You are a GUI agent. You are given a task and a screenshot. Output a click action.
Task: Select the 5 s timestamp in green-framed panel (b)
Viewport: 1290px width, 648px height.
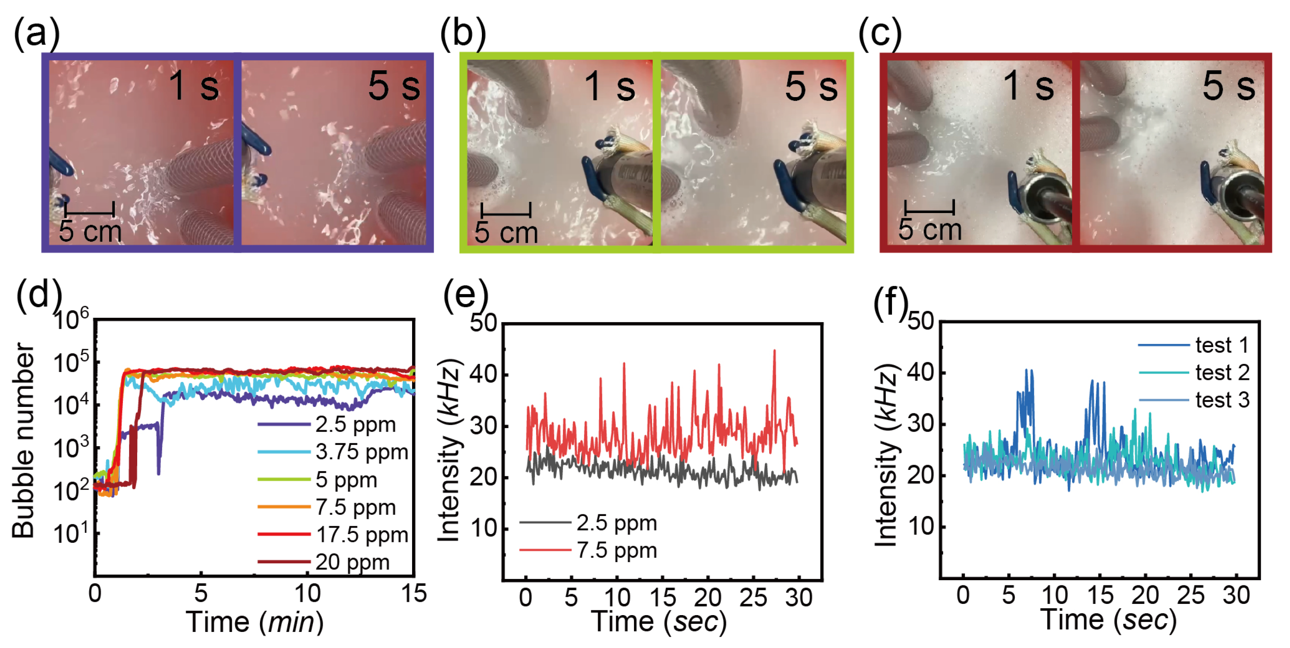coord(811,86)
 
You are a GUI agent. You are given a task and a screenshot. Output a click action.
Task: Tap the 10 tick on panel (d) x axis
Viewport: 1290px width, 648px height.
coord(307,594)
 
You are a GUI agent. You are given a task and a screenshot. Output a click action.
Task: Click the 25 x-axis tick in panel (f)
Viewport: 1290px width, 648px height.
coord(1190,595)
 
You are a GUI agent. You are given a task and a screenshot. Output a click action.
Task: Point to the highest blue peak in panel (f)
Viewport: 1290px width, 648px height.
coord(1026,371)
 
